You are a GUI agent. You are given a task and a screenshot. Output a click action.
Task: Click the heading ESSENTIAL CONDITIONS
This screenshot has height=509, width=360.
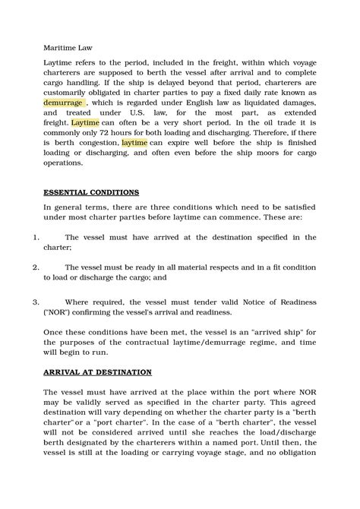click(90, 192)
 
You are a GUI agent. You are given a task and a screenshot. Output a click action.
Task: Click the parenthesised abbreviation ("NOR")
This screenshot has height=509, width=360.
click(61, 311)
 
